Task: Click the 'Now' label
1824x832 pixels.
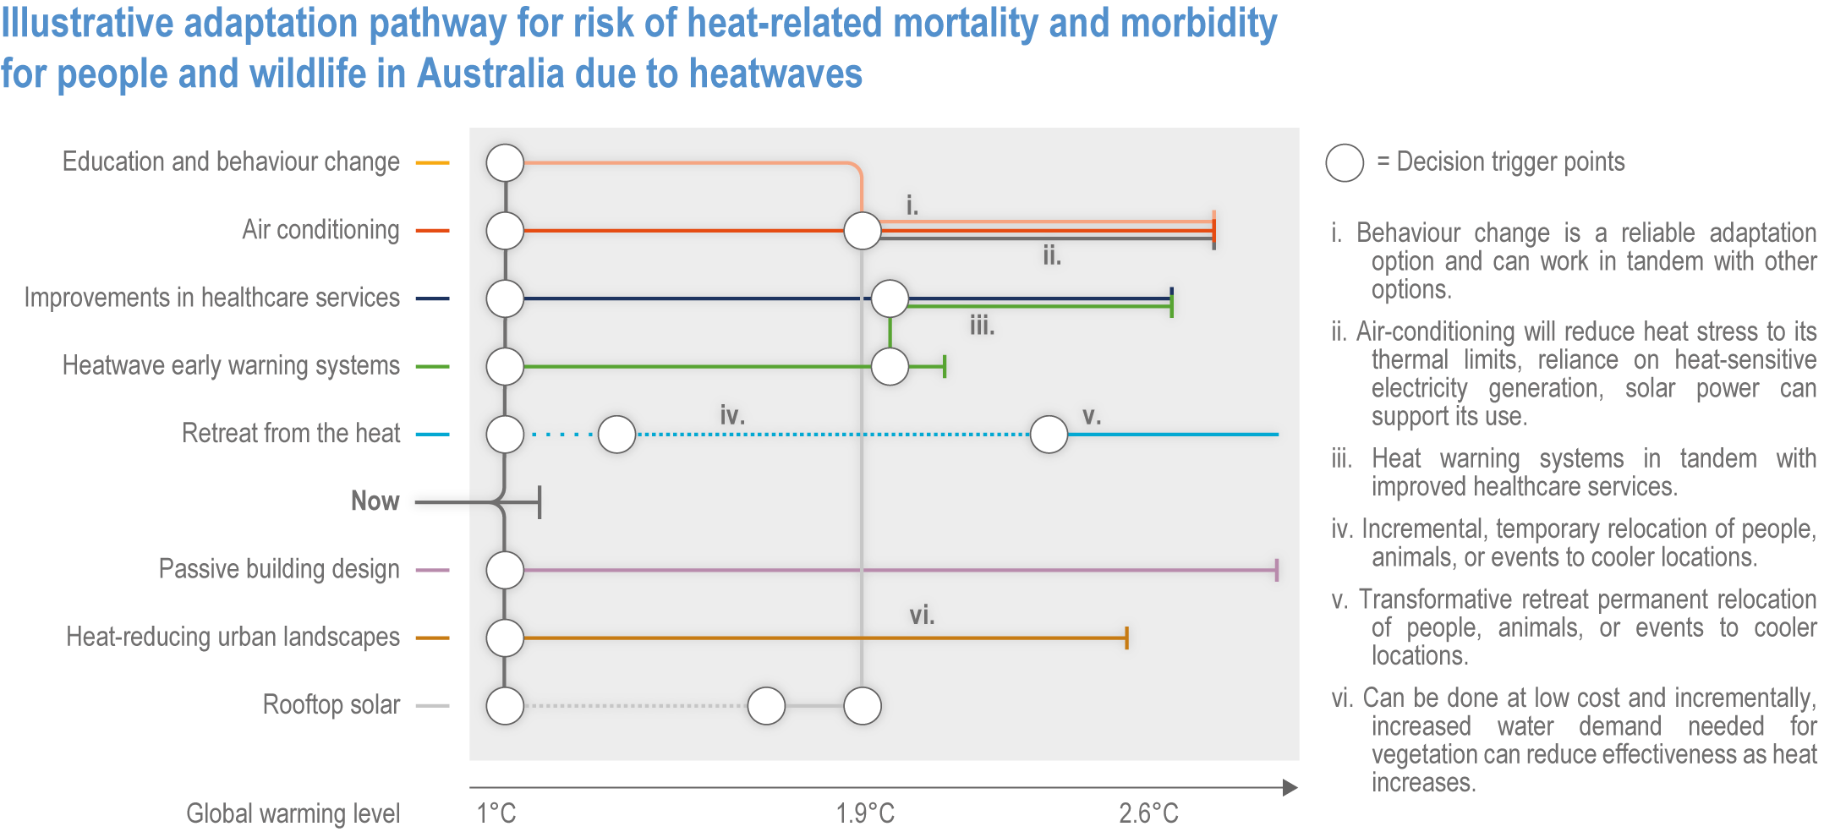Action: pos(375,501)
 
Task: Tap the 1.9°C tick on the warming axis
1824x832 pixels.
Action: pos(864,813)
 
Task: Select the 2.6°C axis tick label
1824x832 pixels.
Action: pos(1148,813)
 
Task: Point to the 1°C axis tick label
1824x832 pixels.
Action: pos(496,813)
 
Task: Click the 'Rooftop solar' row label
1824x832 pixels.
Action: pos(331,704)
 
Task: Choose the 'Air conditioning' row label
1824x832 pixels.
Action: pos(320,230)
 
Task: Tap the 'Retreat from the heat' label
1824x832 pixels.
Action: pos(290,433)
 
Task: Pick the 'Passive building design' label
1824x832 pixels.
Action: pos(279,569)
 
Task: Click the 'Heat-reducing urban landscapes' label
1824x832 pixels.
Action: pos(233,637)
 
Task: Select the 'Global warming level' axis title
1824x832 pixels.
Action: pos(293,813)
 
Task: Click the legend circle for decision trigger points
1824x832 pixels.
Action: pos(1345,162)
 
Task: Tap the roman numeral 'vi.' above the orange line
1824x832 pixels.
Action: pos(922,616)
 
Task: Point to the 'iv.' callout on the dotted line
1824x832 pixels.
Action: pos(732,415)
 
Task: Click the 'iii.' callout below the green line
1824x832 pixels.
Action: pos(982,326)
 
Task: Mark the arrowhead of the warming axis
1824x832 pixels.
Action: pos(1290,788)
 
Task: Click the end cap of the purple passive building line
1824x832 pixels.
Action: pos(1276,570)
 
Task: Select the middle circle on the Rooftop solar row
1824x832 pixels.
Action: pos(766,706)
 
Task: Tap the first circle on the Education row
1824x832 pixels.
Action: pos(505,162)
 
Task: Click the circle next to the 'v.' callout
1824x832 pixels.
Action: pos(1049,435)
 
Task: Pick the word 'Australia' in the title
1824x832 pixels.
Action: pos(490,74)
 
